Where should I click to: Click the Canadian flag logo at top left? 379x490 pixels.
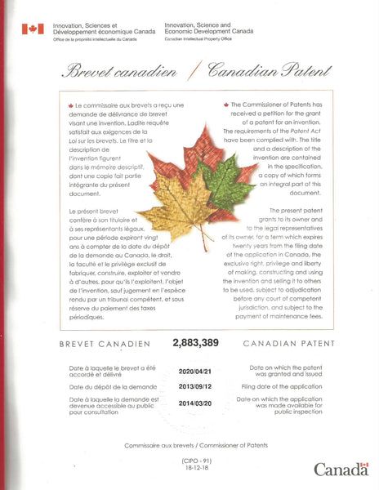(33, 29)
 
